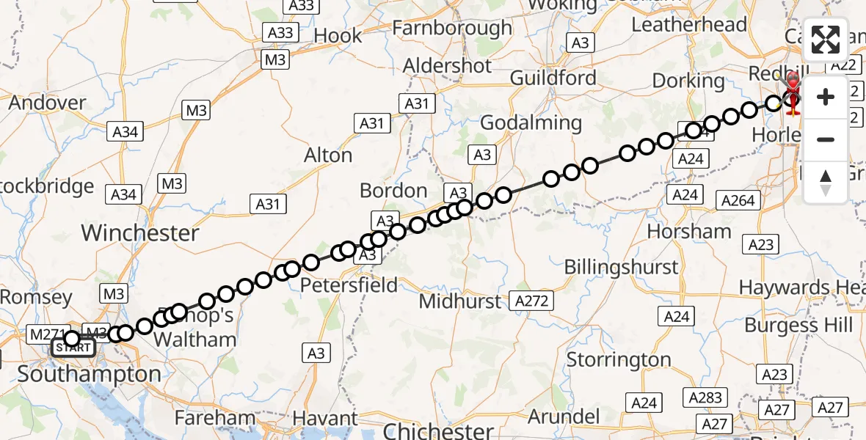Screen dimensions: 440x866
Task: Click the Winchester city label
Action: pyautogui.click(x=140, y=233)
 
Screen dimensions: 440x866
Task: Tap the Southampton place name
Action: pyautogui.click(x=89, y=374)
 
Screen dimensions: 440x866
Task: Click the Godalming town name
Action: pyautogui.click(x=531, y=122)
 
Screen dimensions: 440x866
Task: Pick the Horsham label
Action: pyautogui.click(x=689, y=232)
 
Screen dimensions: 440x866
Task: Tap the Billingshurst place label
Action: pyautogui.click(x=621, y=267)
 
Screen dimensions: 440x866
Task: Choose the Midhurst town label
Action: pyautogui.click(x=461, y=301)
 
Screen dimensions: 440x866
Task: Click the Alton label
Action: pyautogui.click(x=328, y=155)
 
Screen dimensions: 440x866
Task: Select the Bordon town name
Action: pyautogui.click(x=393, y=191)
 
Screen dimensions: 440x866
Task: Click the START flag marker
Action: pyautogui.click(x=73, y=348)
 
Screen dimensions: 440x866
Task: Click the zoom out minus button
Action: pyautogui.click(x=826, y=139)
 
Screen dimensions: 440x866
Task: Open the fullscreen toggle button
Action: pyautogui.click(x=826, y=40)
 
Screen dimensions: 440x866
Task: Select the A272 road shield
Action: pyautogui.click(x=532, y=301)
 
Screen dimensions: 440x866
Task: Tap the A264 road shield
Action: pyautogui.click(x=738, y=200)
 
